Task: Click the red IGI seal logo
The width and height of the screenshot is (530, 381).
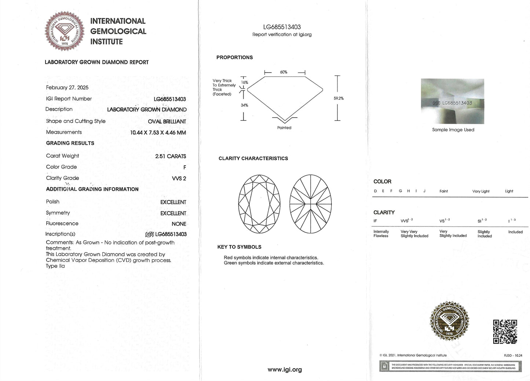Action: pyautogui.click(x=65, y=32)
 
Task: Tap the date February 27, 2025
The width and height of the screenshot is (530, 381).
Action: pyautogui.click(x=67, y=88)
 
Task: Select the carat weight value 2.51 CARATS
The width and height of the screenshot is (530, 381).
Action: pyautogui.click(x=171, y=156)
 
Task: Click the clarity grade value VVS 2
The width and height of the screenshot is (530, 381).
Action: pyautogui.click(x=179, y=178)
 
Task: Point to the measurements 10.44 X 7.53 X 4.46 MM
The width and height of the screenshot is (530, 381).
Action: pyautogui.click(x=158, y=133)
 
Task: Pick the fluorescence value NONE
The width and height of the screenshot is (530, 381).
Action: pyautogui.click(x=179, y=224)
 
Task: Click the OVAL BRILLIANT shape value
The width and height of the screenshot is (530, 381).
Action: pyautogui.click(x=167, y=122)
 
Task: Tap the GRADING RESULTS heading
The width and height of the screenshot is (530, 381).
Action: pyautogui.click(x=70, y=143)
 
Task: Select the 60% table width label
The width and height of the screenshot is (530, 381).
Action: pyautogui.click(x=284, y=72)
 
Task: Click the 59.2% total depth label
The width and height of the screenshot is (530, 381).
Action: pyautogui.click(x=339, y=98)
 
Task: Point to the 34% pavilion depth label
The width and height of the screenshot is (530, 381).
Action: pyautogui.click(x=244, y=105)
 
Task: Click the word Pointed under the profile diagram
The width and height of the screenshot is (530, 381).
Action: pyautogui.click(x=284, y=128)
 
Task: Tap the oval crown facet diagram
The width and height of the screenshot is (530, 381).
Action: pyautogui.click(x=259, y=204)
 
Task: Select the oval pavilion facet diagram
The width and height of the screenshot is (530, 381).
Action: pyautogui.click(x=311, y=204)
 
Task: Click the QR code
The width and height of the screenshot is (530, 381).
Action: pyautogui.click(x=505, y=332)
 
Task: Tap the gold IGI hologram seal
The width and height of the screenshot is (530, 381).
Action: pyautogui.click(x=449, y=321)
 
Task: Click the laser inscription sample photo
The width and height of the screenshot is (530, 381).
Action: pyautogui.click(x=452, y=101)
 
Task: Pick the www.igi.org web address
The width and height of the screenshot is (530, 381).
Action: pyautogui.click(x=285, y=370)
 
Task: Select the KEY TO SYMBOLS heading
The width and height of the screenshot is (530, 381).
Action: pyautogui.click(x=239, y=247)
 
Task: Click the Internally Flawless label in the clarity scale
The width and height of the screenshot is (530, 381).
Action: pyautogui.click(x=381, y=234)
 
